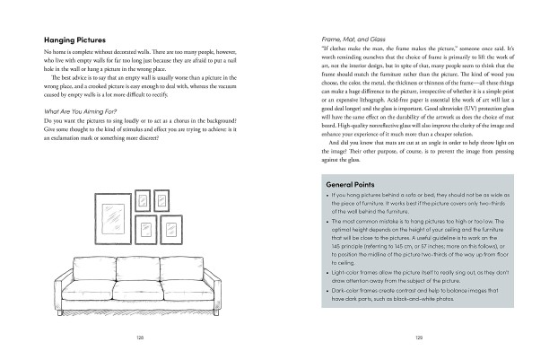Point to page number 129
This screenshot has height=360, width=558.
418,338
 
